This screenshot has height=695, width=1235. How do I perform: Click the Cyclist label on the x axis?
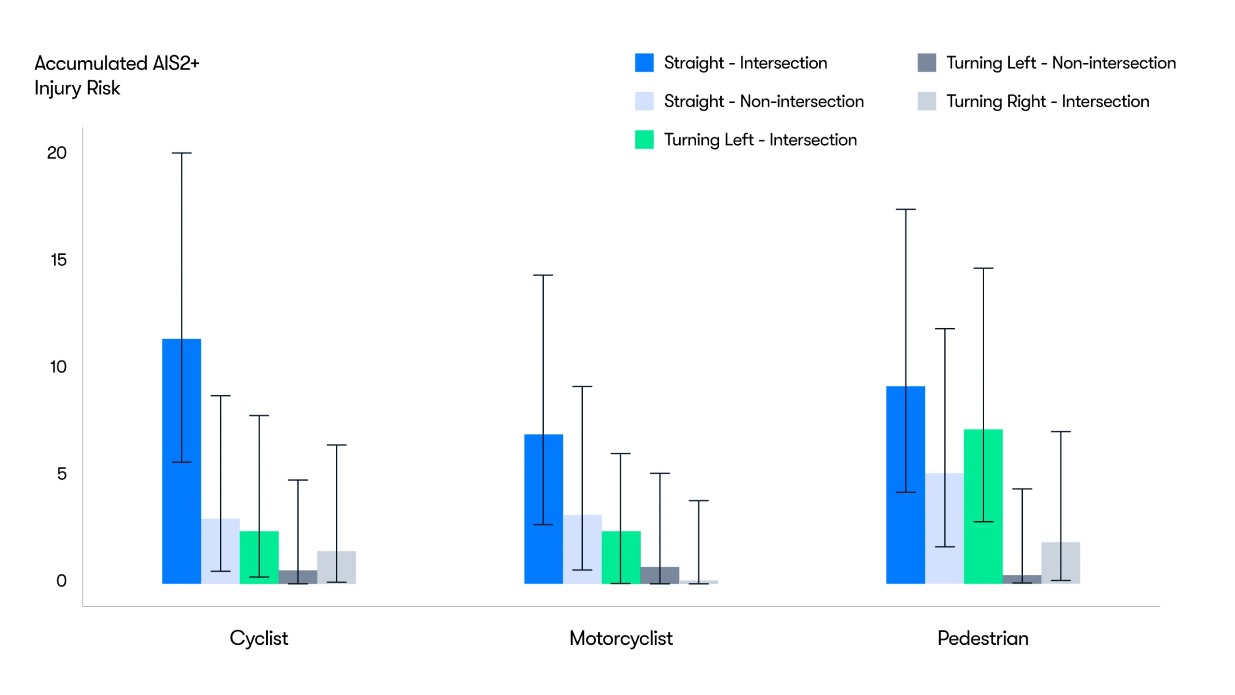[x=259, y=638]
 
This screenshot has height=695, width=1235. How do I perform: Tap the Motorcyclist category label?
[x=620, y=638]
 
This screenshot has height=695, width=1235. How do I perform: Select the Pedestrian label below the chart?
[x=983, y=638]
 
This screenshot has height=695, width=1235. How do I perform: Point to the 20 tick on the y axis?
[x=56, y=153]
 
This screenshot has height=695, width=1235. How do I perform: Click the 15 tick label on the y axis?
[x=58, y=260]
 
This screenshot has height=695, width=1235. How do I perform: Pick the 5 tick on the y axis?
[x=62, y=474]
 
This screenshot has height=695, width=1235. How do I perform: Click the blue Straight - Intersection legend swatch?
[x=644, y=63]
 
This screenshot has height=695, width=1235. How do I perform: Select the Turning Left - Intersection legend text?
[x=760, y=140]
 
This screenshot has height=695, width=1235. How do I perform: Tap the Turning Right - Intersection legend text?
[x=1047, y=101]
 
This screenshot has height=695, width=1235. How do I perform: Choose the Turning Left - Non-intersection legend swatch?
[x=926, y=63]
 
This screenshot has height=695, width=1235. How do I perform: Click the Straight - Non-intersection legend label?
[x=764, y=101]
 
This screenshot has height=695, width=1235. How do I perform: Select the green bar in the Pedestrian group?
[x=983, y=506]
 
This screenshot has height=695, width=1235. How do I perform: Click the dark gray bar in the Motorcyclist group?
[x=659, y=575]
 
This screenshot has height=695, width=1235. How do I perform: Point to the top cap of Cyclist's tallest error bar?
[x=182, y=153]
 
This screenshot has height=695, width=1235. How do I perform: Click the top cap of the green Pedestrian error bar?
[x=983, y=268]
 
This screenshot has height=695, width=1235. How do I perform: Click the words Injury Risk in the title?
[x=77, y=88]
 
